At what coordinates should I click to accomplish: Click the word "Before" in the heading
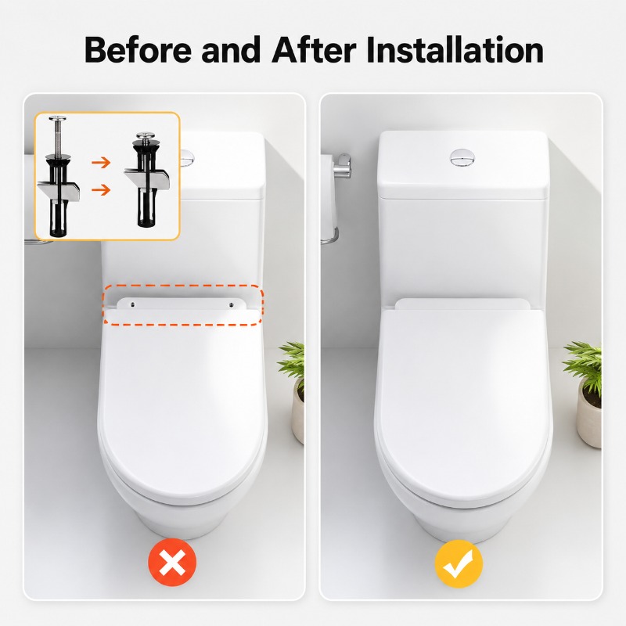(x=138, y=49)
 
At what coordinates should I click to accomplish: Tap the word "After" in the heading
(x=314, y=49)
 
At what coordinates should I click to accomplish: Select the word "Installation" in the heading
(x=455, y=49)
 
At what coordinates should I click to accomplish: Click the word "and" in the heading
(x=231, y=49)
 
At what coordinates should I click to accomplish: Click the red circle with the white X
(x=172, y=562)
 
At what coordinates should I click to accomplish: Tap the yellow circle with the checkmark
(x=459, y=563)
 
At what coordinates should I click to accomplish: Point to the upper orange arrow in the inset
(x=101, y=163)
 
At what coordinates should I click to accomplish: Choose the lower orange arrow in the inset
(x=101, y=189)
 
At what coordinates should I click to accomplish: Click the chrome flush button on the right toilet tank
(x=462, y=157)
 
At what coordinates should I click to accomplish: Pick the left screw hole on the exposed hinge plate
(x=132, y=304)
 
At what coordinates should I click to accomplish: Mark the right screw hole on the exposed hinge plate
(x=231, y=304)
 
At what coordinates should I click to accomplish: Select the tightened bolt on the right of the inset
(x=146, y=180)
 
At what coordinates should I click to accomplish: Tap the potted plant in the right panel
(x=583, y=394)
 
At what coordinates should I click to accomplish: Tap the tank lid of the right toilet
(x=463, y=164)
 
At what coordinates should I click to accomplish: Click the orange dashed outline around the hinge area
(x=183, y=285)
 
